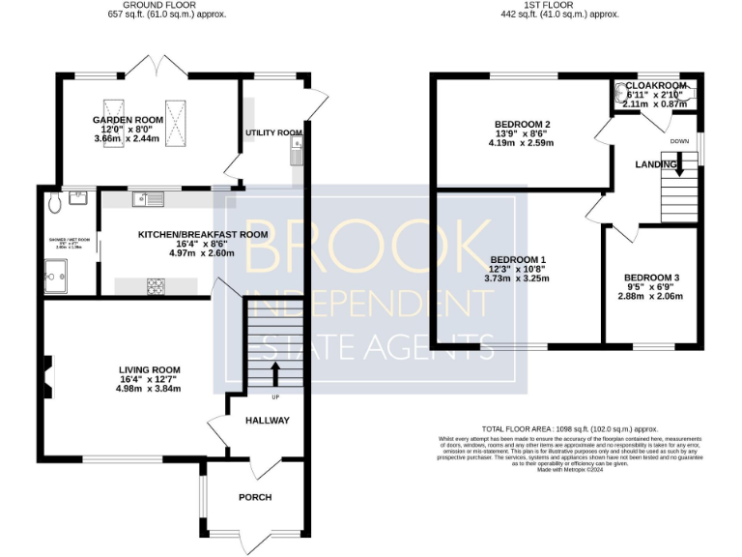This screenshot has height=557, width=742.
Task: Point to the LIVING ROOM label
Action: [x=150, y=369]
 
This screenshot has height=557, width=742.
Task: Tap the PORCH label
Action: [x=255, y=497]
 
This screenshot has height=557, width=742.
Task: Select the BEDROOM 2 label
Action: [x=523, y=125]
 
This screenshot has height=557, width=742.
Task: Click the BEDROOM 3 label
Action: [x=650, y=278]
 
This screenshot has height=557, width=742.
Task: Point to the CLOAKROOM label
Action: [x=656, y=84]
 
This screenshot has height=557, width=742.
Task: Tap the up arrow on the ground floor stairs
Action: [x=275, y=374]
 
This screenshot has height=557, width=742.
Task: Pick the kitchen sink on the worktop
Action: [x=150, y=199]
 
